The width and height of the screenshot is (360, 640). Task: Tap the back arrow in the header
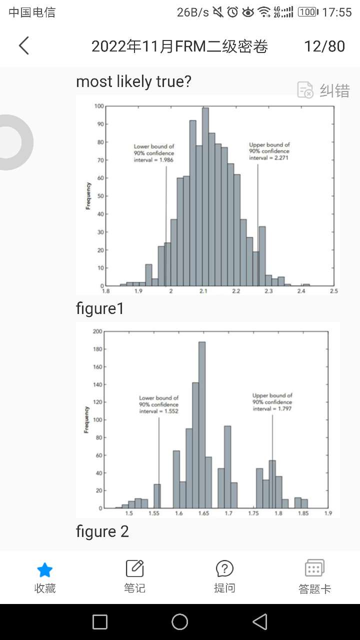(x=24, y=46)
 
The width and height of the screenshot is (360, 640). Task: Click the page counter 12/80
(x=324, y=46)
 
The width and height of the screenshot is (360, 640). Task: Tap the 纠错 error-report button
(x=324, y=90)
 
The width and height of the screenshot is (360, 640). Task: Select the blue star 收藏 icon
(x=45, y=569)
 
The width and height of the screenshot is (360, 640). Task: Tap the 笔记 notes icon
(x=134, y=568)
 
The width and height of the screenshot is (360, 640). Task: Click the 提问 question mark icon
(x=224, y=568)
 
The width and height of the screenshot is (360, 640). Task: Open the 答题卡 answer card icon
(x=314, y=568)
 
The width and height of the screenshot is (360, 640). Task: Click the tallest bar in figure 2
(x=202, y=425)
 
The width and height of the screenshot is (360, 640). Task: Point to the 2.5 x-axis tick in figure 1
(x=333, y=291)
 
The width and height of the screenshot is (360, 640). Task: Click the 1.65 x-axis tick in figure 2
(x=203, y=513)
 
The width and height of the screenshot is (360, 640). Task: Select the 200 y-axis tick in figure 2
(x=97, y=331)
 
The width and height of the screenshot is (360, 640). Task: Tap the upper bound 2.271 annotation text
(x=269, y=151)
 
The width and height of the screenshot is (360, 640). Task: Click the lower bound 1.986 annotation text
(x=154, y=153)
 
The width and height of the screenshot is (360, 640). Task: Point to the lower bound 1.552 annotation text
(x=159, y=404)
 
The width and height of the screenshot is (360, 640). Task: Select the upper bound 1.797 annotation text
(x=272, y=402)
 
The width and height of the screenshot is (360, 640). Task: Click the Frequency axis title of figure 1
(x=88, y=196)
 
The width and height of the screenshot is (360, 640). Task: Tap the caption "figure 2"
(x=102, y=531)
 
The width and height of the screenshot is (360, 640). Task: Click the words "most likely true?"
(x=133, y=81)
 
